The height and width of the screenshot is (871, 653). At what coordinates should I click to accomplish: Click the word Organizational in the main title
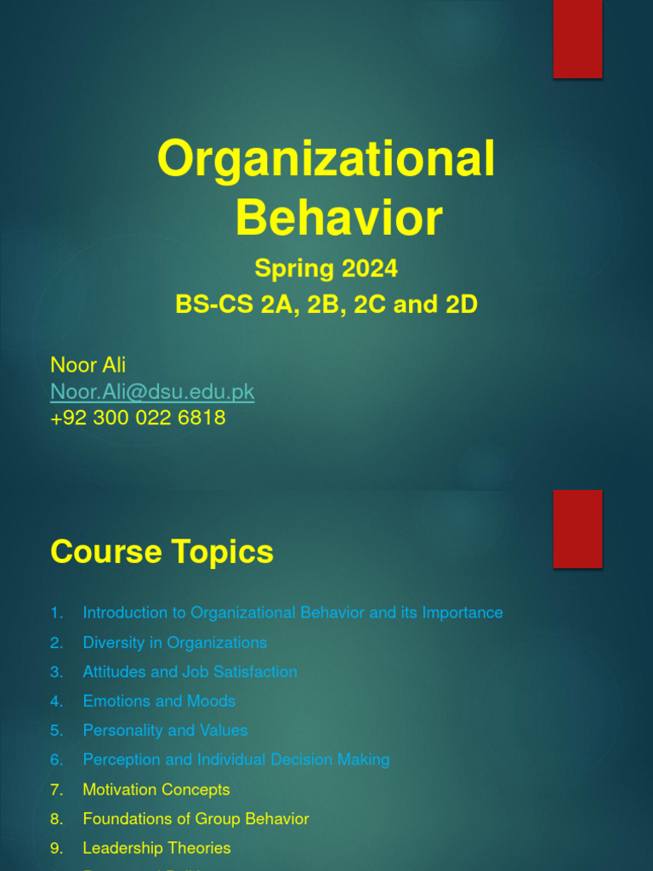326,159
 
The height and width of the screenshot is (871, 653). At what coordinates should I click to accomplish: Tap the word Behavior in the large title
338,218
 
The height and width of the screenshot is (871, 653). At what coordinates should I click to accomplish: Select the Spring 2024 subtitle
326,269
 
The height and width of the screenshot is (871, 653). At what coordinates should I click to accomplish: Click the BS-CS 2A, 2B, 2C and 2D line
326,305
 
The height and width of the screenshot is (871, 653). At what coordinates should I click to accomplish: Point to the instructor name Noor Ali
88,365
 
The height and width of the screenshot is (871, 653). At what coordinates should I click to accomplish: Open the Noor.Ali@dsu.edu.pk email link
152,391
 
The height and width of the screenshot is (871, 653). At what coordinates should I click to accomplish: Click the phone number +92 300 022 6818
138,418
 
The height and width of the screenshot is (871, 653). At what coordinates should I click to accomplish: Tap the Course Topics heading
162,552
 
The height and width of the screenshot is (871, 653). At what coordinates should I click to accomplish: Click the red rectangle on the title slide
578,39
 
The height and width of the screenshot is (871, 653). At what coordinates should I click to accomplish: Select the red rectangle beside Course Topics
578,529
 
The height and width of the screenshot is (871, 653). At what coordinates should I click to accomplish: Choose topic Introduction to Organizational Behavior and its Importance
292,612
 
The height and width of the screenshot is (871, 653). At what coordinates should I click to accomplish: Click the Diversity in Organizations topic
174,642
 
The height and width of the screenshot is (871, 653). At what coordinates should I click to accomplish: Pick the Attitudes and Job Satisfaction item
190,672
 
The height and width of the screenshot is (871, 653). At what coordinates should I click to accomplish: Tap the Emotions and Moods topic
159,701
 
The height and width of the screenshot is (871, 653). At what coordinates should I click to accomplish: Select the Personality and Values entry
165,731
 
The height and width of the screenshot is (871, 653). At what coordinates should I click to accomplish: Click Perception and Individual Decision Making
236,760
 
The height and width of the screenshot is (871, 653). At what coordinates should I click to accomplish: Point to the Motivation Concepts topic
156,789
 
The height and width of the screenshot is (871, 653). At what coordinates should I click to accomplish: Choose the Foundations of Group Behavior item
196,819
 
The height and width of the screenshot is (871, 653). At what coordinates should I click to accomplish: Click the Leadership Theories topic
156,848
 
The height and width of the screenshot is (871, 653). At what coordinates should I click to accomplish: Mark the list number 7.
55,789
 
